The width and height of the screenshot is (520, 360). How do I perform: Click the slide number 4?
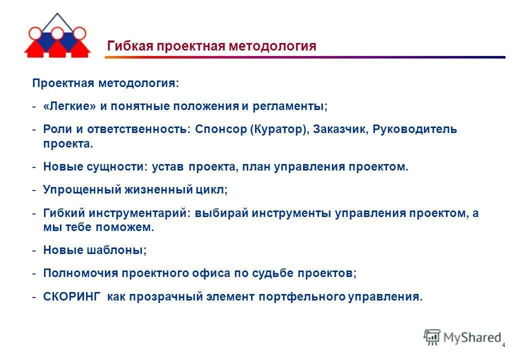coord(503,345)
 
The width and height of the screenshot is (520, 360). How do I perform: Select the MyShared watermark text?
coord(471,337)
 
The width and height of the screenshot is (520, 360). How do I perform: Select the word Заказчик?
coord(341,129)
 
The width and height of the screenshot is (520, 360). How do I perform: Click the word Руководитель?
coord(414,129)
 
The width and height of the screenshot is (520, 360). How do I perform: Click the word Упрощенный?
coord(74,190)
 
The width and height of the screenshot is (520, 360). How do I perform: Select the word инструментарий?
coord(139,213)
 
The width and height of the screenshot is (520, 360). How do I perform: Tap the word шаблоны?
coord(120,250)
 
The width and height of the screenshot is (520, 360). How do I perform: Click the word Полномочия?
coord(73,273)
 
